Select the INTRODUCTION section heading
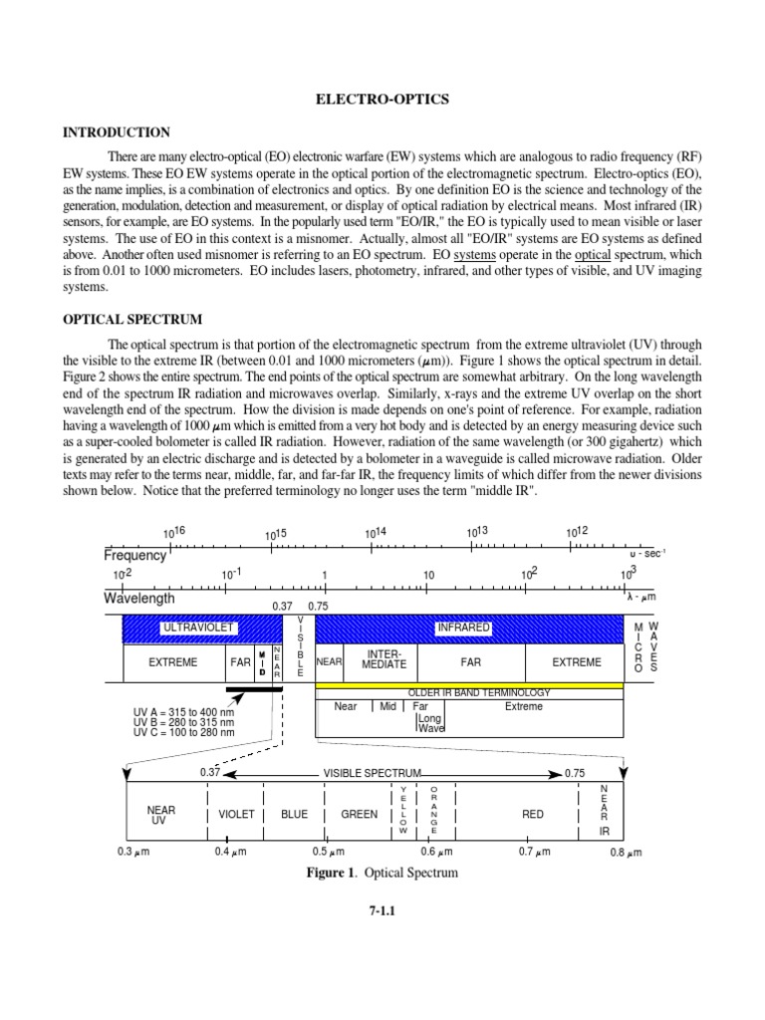tap(117, 132)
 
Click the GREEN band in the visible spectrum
tap(359, 814)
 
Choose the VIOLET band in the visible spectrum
tap(236, 814)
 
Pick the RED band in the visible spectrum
tap(533, 814)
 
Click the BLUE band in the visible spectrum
tap(295, 814)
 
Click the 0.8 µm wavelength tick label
tap(626, 853)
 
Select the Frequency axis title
tap(135, 555)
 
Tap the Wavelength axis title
tap(139, 599)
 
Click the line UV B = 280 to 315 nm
tap(183, 722)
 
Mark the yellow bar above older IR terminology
tap(468, 685)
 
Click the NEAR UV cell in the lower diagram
tap(160, 815)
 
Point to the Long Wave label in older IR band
tap(430, 722)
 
